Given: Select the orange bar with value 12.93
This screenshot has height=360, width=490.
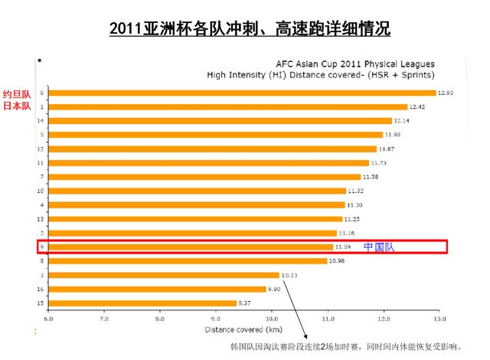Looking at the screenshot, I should click(241, 93).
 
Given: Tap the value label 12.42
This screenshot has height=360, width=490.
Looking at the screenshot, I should click(418, 107).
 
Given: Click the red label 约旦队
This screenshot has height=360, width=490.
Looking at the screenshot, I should click(16, 93).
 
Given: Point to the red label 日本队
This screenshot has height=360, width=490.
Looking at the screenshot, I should click(16, 106).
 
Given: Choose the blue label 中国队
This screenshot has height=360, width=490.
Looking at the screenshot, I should click(378, 247).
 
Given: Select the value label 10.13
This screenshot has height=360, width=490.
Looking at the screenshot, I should click(289, 274).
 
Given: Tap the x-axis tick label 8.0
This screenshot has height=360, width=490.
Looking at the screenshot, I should click(159, 317).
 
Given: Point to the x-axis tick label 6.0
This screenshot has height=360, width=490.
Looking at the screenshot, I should click(48, 317).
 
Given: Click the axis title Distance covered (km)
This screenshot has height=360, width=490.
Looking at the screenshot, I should click(243, 329).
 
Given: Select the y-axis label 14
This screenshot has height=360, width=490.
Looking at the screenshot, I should click(40, 121).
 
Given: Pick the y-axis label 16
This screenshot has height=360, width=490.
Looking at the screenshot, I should click(40, 289).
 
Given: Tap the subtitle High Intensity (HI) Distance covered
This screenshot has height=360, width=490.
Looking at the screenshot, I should click(321, 75).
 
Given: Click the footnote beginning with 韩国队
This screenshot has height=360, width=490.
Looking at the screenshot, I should click(346, 347).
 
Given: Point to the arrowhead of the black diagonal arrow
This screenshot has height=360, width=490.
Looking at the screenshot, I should click(305, 337).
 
